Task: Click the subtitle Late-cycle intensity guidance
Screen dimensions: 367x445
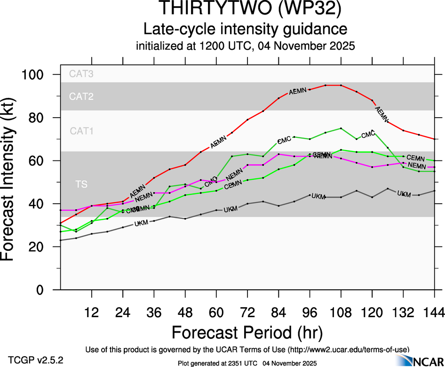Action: pyautogui.click(x=245, y=30)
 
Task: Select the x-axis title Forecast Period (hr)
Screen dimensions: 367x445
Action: pyautogui.click(x=247, y=333)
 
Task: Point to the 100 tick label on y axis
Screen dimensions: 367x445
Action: pyautogui.click(x=35, y=75)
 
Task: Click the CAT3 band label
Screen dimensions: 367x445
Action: pyautogui.click(x=81, y=74)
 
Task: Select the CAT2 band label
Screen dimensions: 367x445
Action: pyautogui.click(x=81, y=97)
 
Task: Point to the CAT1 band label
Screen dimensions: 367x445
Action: pyautogui.click(x=81, y=131)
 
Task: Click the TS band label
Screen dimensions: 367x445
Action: pyautogui.click(x=81, y=184)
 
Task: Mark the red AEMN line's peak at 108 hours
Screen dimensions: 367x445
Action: pyautogui.click(x=341, y=85)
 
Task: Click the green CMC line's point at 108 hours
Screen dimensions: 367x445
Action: pyautogui.click(x=341, y=128)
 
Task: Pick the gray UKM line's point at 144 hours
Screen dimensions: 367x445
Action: pyautogui.click(x=434, y=191)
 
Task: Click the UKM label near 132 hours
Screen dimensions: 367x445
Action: pyautogui.click(x=404, y=194)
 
